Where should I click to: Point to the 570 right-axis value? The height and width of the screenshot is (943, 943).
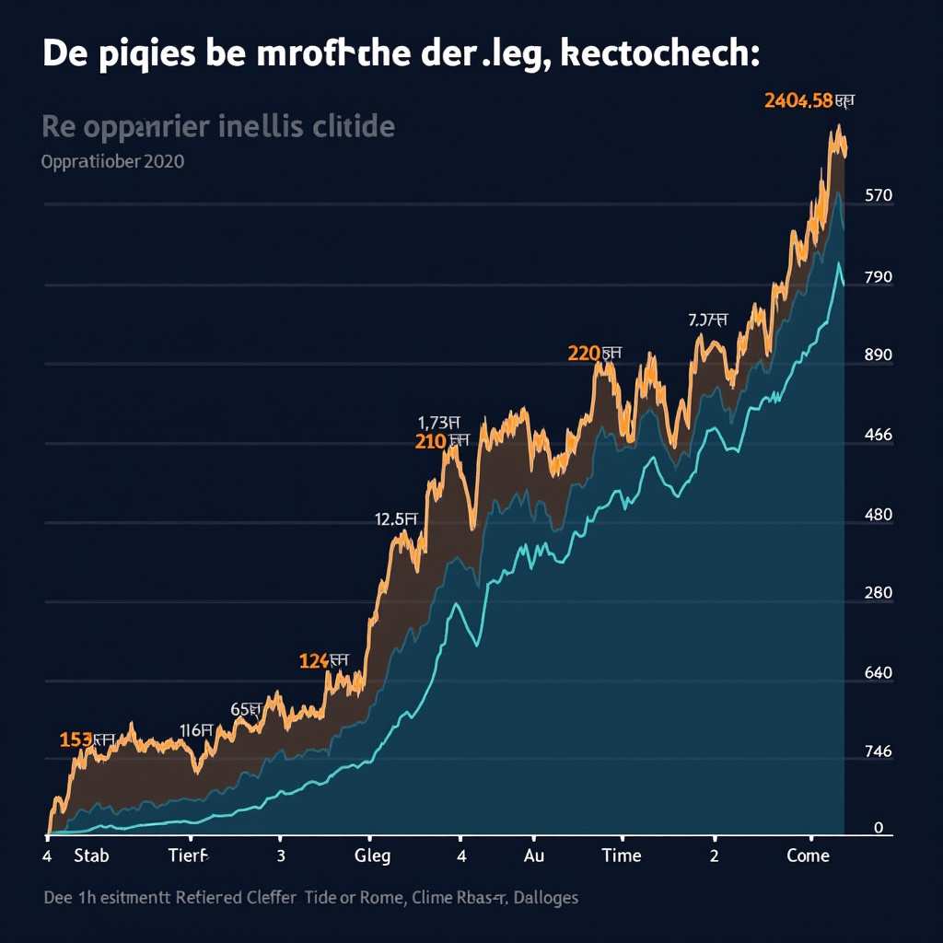click(x=879, y=195)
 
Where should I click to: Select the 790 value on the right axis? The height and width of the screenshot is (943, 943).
click(x=879, y=277)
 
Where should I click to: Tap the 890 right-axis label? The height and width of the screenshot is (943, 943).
click(x=879, y=355)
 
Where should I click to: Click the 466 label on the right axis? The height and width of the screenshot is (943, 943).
click(x=879, y=436)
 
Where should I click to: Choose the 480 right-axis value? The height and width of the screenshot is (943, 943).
click(x=879, y=515)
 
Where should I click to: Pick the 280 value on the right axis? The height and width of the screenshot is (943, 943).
click(x=879, y=593)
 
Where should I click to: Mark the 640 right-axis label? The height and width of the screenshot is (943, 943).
click(x=879, y=673)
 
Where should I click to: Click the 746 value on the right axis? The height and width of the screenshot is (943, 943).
click(x=879, y=751)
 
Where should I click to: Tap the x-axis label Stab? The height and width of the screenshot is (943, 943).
click(x=91, y=856)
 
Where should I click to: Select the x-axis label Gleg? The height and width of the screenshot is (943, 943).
click(x=372, y=856)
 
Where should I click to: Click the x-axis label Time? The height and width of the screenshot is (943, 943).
click(x=621, y=856)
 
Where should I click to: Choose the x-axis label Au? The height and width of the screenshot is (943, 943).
click(x=534, y=856)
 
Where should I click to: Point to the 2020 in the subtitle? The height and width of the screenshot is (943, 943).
click(x=163, y=162)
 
